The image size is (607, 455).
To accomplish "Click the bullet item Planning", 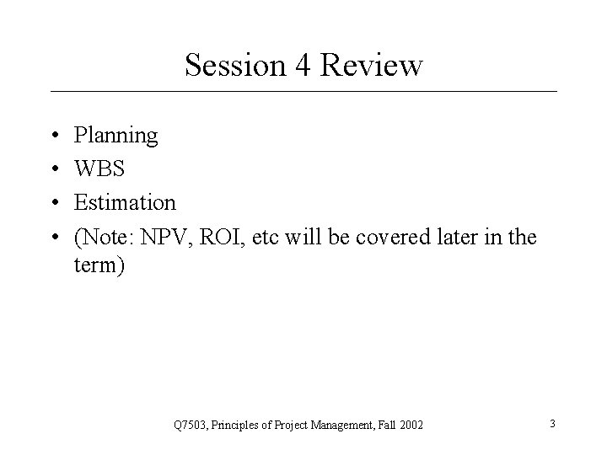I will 115,135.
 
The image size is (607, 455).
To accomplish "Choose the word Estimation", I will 125,203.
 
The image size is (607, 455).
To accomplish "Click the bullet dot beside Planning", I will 54,136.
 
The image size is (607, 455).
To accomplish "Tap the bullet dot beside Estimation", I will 54,204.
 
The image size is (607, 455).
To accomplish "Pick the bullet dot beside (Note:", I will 54,238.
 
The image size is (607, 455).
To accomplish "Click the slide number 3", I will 552,423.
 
